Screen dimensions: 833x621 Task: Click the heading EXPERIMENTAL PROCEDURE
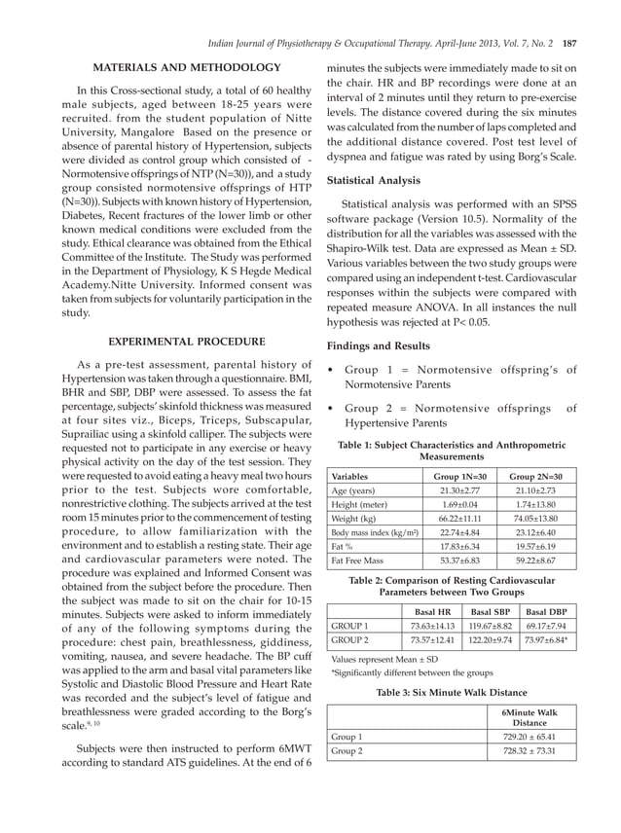187,342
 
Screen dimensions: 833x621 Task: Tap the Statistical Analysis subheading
374,180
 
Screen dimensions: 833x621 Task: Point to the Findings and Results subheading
379,345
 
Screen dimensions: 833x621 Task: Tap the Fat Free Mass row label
358,561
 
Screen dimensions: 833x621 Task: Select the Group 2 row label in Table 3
347,752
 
